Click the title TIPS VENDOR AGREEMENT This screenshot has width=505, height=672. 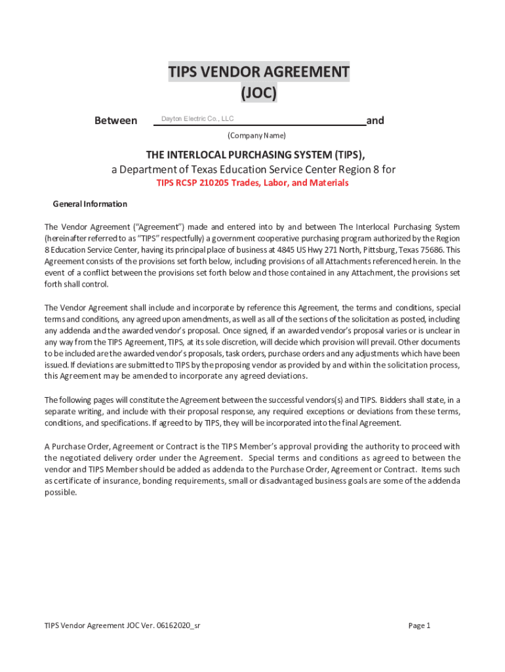[258, 72]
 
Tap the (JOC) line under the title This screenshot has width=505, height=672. [258, 94]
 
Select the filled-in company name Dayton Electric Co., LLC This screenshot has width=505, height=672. [197, 119]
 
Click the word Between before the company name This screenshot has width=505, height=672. [116, 121]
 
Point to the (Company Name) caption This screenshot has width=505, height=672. [256, 136]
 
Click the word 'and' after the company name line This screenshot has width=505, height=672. [375, 121]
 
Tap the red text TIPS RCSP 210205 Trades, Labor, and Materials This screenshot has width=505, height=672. [253, 183]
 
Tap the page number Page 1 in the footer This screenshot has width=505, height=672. [419, 625]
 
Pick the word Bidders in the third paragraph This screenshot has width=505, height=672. [407, 400]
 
